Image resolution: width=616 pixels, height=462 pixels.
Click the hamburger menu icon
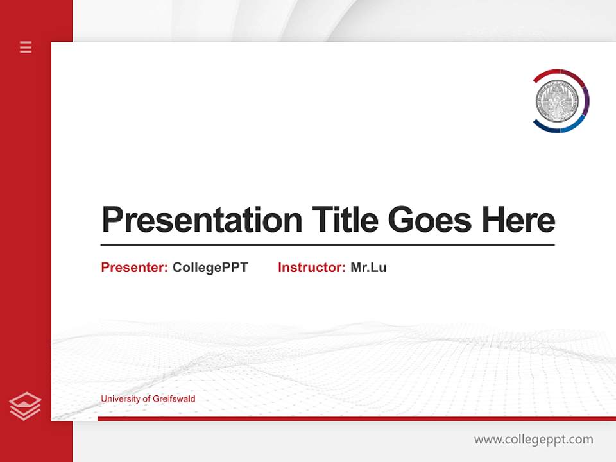(x=26, y=47)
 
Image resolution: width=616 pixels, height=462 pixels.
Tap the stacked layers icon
(x=25, y=406)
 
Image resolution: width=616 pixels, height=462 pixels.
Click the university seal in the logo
(x=557, y=101)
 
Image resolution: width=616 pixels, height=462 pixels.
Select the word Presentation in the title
(x=201, y=220)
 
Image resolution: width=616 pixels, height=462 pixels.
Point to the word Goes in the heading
(x=431, y=219)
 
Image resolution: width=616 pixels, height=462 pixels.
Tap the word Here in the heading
(x=518, y=219)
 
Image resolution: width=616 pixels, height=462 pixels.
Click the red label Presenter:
(x=134, y=268)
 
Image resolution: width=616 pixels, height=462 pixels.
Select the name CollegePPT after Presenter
(x=210, y=268)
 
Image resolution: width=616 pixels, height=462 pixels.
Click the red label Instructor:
(x=311, y=268)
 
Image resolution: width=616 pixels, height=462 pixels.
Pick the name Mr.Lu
(x=368, y=268)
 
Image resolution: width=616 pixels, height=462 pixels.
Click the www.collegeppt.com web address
(x=533, y=440)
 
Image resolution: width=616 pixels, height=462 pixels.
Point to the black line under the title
(x=327, y=245)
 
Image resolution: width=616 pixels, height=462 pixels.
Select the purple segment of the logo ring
(x=585, y=99)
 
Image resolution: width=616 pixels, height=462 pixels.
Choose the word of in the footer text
(x=146, y=399)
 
